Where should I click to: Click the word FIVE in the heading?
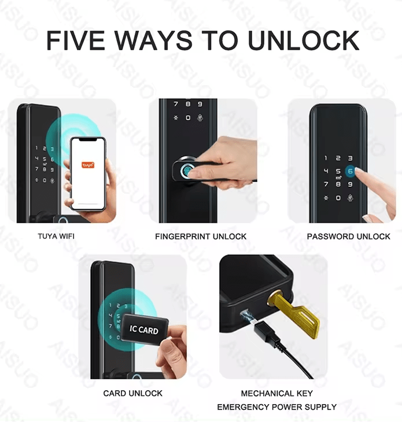pyautogui.click(x=75, y=40)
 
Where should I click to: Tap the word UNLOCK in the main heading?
pyautogui.click(x=304, y=40)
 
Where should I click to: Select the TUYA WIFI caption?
pyautogui.click(x=56, y=236)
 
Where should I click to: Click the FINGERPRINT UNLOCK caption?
pyautogui.click(x=201, y=236)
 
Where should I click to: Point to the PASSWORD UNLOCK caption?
pyautogui.click(x=348, y=236)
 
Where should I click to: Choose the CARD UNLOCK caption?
pyautogui.click(x=133, y=393)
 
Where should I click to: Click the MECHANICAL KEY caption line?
pyautogui.click(x=276, y=393)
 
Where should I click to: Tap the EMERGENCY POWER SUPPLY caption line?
pyautogui.click(x=276, y=407)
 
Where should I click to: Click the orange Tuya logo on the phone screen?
pyautogui.click(x=88, y=165)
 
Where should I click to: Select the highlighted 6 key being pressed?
pyautogui.click(x=351, y=172)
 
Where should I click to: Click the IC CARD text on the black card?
pyautogui.click(x=143, y=329)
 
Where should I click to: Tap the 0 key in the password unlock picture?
pyautogui.click(x=338, y=198)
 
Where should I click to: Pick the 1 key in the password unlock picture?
pyautogui.click(x=326, y=158)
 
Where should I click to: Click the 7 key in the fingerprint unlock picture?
pyautogui.click(x=176, y=104)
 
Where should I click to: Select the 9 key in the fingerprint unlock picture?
pyautogui.click(x=200, y=104)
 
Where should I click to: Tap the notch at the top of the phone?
pyautogui.click(x=88, y=140)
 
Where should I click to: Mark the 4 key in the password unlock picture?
pyautogui.click(x=326, y=171)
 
